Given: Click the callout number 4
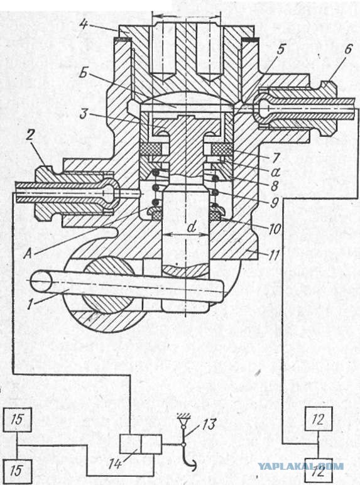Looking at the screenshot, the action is tap(83, 24).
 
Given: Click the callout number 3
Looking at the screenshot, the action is tap(84, 114).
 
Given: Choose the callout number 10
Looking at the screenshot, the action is tap(275, 229).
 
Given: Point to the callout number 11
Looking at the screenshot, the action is tap(274, 255).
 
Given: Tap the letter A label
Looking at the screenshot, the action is tap(28, 254).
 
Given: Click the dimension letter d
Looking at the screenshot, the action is tap(192, 227).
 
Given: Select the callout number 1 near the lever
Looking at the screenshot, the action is tap(30, 303).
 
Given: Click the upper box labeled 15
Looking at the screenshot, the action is tap(18, 420).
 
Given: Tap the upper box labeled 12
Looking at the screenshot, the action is tap(319, 419).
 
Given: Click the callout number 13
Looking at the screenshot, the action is tap(209, 425).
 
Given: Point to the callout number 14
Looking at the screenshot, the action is tap(115, 464).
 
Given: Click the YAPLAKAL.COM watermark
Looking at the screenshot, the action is tap(300, 466).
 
